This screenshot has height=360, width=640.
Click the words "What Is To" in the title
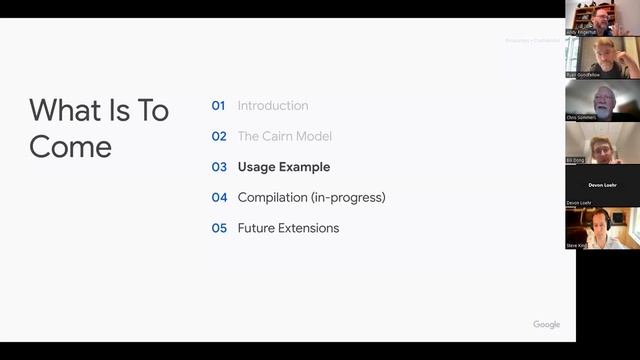click(x=99, y=111)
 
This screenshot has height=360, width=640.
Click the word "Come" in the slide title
click(x=70, y=146)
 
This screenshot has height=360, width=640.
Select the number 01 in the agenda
click(x=219, y=106)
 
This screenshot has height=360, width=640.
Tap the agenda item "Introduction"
click(x=273, y=106)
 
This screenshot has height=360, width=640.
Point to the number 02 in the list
click(x=219, y=137)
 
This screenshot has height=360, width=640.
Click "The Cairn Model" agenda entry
click(x=285, y=137)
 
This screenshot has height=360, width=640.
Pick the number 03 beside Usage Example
click(x=219, y=167)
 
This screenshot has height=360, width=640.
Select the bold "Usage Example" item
click(x=284, y=167)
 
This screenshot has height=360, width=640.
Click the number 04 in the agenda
click(x=219, y=198)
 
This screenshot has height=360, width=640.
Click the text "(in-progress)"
click(x=349, y=198)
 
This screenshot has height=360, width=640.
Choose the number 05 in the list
click(x=219, y=228)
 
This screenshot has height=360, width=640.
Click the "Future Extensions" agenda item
click(x=288, y=228)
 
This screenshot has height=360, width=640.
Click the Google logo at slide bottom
click(x=546, y=325)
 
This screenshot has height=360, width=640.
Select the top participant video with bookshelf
click(x=602, y=17)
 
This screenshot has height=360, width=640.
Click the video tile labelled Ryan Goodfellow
click(x=602, y=58)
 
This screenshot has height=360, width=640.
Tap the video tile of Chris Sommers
click(x=602, y=101)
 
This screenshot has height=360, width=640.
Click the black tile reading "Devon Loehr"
click(x=602, y=186)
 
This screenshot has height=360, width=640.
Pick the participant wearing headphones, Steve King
click(x=602, y=228)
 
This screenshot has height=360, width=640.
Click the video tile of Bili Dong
click(x=602, y=143)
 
